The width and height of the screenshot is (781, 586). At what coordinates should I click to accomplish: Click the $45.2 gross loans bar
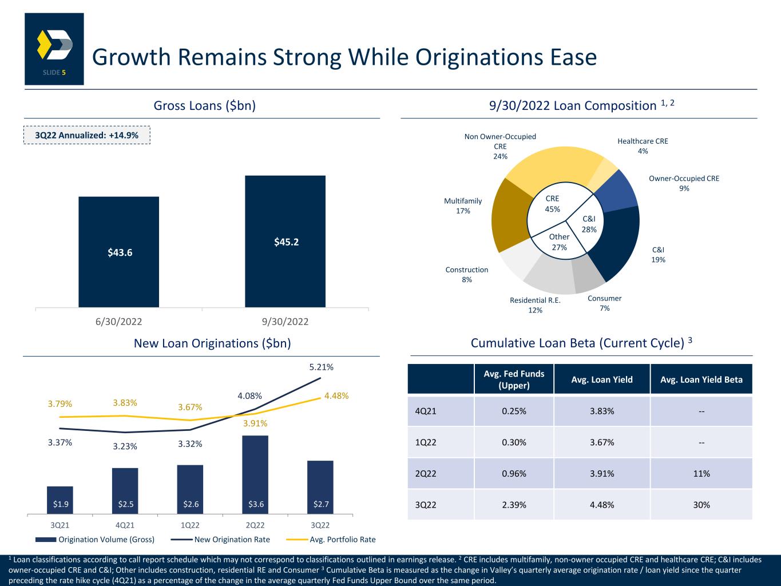[285, 241]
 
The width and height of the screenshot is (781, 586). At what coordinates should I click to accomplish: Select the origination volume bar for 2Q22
[255, 474]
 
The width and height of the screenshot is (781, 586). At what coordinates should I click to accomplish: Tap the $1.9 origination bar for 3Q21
[60, 500]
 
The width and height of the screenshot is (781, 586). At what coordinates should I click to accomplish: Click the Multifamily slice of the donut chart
[510, 215]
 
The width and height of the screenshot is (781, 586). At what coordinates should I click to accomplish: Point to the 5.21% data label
[322, 367]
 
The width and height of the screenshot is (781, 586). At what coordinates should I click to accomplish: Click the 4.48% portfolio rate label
[336, 395]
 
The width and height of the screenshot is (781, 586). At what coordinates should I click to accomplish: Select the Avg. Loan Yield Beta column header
[701, 379]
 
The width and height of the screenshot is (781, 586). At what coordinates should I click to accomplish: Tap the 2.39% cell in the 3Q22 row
[514, 505]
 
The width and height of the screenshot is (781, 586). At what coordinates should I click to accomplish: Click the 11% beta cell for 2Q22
[701, 474]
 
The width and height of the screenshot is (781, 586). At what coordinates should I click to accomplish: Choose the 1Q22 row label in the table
[426, 442]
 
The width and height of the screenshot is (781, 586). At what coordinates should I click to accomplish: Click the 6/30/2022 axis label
[118, 322]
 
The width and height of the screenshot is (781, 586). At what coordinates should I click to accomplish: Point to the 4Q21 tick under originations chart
[125, 525]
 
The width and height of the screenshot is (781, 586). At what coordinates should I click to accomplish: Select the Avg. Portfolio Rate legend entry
[331, 540]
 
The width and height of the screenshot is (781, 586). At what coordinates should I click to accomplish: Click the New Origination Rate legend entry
[220, 540]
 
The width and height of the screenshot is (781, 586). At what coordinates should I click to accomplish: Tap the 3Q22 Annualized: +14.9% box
[87, 135]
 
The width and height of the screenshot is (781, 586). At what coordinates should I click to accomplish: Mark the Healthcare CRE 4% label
[643, 146]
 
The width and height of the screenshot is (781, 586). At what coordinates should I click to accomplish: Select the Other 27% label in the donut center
[559, 242]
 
